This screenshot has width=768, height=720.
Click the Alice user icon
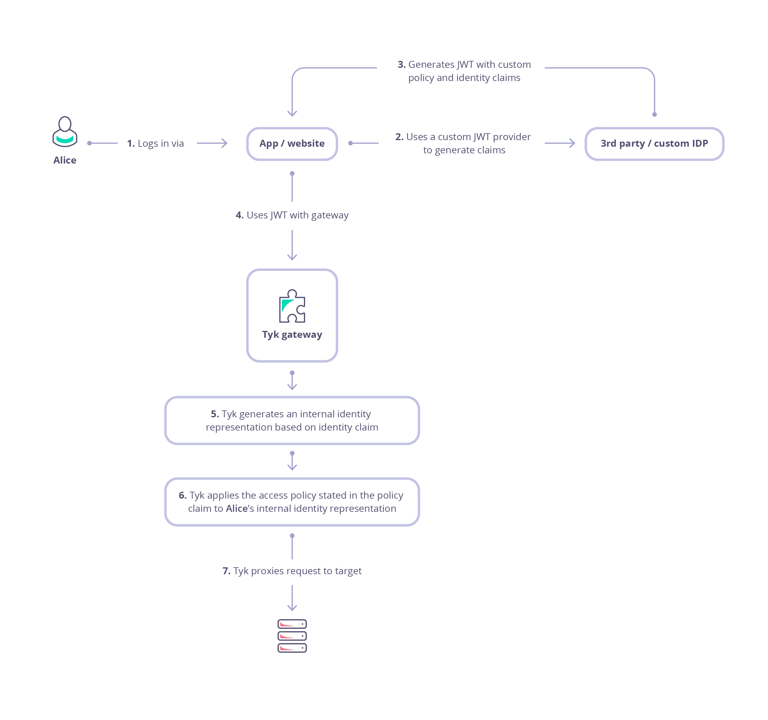tap(65, 132)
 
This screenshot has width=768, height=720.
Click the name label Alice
tap(65, 160)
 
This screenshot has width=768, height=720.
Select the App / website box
tap(292, 144)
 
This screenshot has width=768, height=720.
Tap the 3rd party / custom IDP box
tap(654, 144)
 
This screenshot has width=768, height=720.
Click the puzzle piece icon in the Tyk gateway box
tap(292, 306)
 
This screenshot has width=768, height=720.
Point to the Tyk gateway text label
tap(292, 334)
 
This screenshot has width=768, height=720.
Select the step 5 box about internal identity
tap(292, 421)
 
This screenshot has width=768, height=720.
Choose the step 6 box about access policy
tap(292, 502)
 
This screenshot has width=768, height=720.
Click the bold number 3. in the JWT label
tap(401, 64)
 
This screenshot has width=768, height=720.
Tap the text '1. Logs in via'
tap(155, 144)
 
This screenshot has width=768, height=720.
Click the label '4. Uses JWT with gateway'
tap(292, 215)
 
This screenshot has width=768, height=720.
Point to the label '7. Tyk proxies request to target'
tap(292, 571)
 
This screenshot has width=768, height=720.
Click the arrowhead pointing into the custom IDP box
tap(572, 143)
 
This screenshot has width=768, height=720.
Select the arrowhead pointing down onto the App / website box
tap(292, 114)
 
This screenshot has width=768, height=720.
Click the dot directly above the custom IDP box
tap(654, 114)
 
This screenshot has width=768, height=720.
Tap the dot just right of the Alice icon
tap(90, 143)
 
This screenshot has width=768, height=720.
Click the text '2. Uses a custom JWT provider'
tap(463, 137)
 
